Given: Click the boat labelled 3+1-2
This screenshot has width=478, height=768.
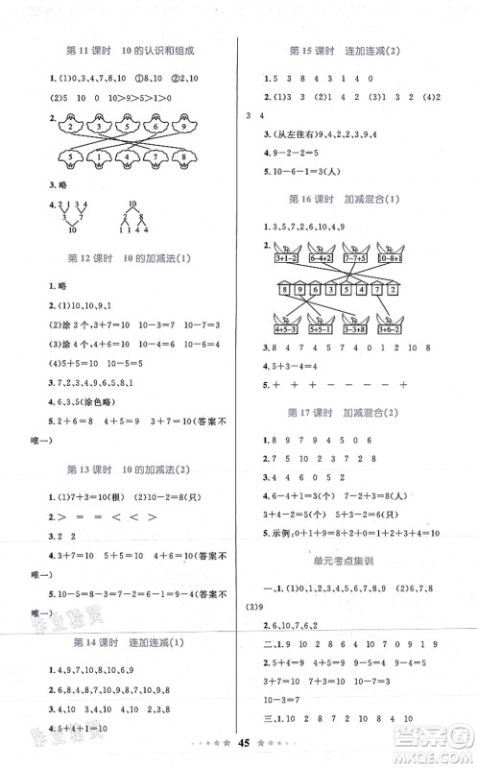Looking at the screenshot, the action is (287, 258).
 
